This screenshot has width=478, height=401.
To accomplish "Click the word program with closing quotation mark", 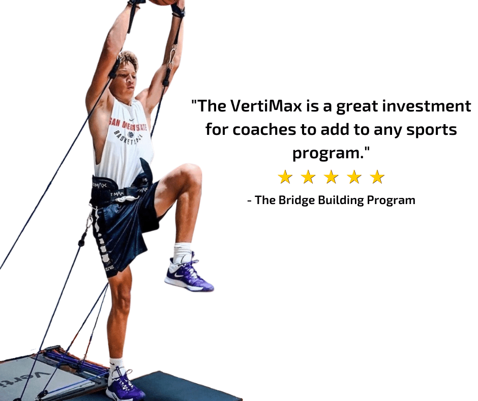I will [x=331, y=153].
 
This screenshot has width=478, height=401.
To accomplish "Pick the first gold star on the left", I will [x=285, y=177].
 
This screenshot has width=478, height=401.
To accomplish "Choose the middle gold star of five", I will [x=331, y=177].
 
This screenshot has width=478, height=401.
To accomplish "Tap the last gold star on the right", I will [x=377, y=177].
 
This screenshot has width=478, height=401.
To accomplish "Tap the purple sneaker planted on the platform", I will [x=125, y=387].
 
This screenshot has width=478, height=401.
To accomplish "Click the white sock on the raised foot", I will [x=182, y=252].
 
